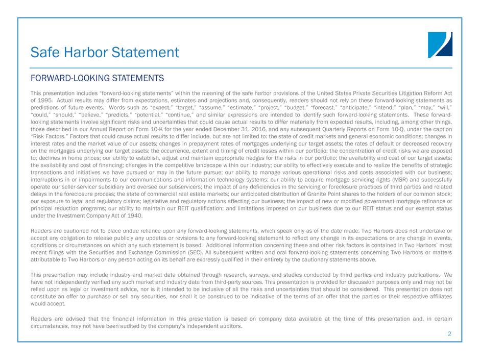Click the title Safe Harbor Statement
point(105,52)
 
